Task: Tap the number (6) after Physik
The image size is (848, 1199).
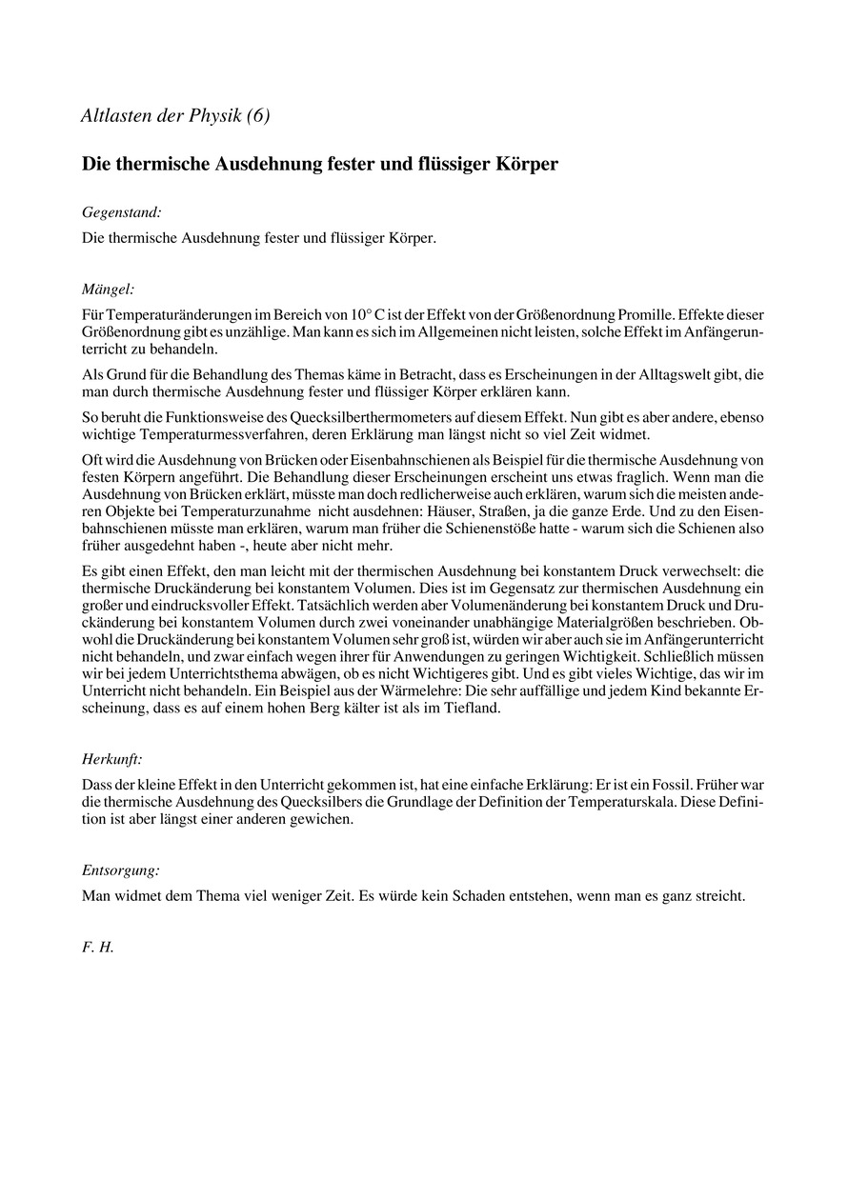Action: tap(257, 116)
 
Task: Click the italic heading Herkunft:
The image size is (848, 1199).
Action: tap(112, 759)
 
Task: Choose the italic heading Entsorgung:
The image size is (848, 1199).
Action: tap(120, 869)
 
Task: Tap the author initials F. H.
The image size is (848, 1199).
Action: tap(98, 949)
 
